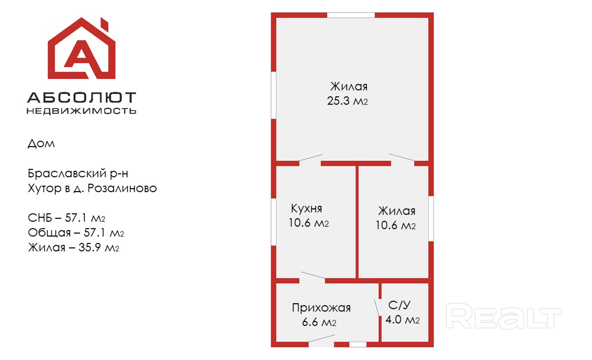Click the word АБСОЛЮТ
coord(81,97)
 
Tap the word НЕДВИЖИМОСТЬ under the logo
coord(81,111)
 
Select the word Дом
coord(41,144)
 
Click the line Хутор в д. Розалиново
coord(92,189)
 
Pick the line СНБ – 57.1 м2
coord(74,218)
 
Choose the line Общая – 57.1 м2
coord(76,233)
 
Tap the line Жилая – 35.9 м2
coord(74,247)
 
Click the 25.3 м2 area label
coord(348,101)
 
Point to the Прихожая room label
coord(321,308)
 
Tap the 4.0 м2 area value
coord(402,320)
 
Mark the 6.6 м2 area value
coord(319,323)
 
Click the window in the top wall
coord(351,15)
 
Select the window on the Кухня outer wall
coord(274,222)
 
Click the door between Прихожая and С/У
coord(378,307)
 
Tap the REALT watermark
coord(504,316)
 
